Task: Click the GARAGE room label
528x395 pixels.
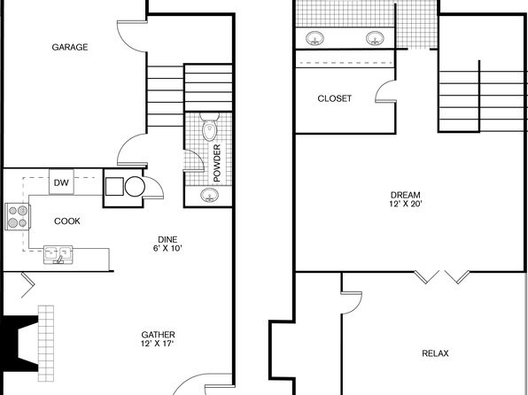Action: [x=70, y=47]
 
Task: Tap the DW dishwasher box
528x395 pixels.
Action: [x=61, y=182]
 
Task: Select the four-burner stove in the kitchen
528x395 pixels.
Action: [x=18, y=216]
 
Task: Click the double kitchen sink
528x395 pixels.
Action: [x=58, y=254]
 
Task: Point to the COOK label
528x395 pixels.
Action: [x=67, y=221]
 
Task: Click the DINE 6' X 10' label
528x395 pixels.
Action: [x=167, y=244]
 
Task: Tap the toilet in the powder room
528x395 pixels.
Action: [x=210, y=127]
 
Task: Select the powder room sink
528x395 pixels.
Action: [x=209, y=195]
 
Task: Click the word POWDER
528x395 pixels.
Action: [x=217, y=163]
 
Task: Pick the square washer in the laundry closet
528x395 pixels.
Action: [x=114, y=187]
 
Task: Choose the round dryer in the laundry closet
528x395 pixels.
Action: [x=135, y=187]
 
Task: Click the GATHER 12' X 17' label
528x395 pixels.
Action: [x=158, y=339]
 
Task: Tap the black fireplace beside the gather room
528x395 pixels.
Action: [x=19, y=344]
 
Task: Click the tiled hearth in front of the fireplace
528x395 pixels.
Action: [x=46, y=343]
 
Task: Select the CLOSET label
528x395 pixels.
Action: [x=334, y=98]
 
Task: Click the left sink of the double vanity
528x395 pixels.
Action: [x=314, y=38]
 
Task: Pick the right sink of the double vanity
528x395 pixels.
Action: [x=375, y=38]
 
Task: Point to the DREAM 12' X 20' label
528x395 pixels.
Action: [x=406, y=199]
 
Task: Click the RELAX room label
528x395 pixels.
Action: [x=435, y=353]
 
